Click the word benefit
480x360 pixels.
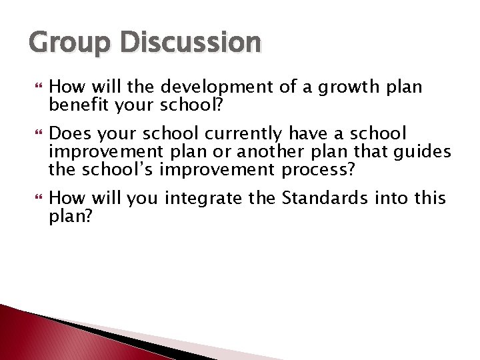click(76, 105)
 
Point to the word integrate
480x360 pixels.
click(202, 197)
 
